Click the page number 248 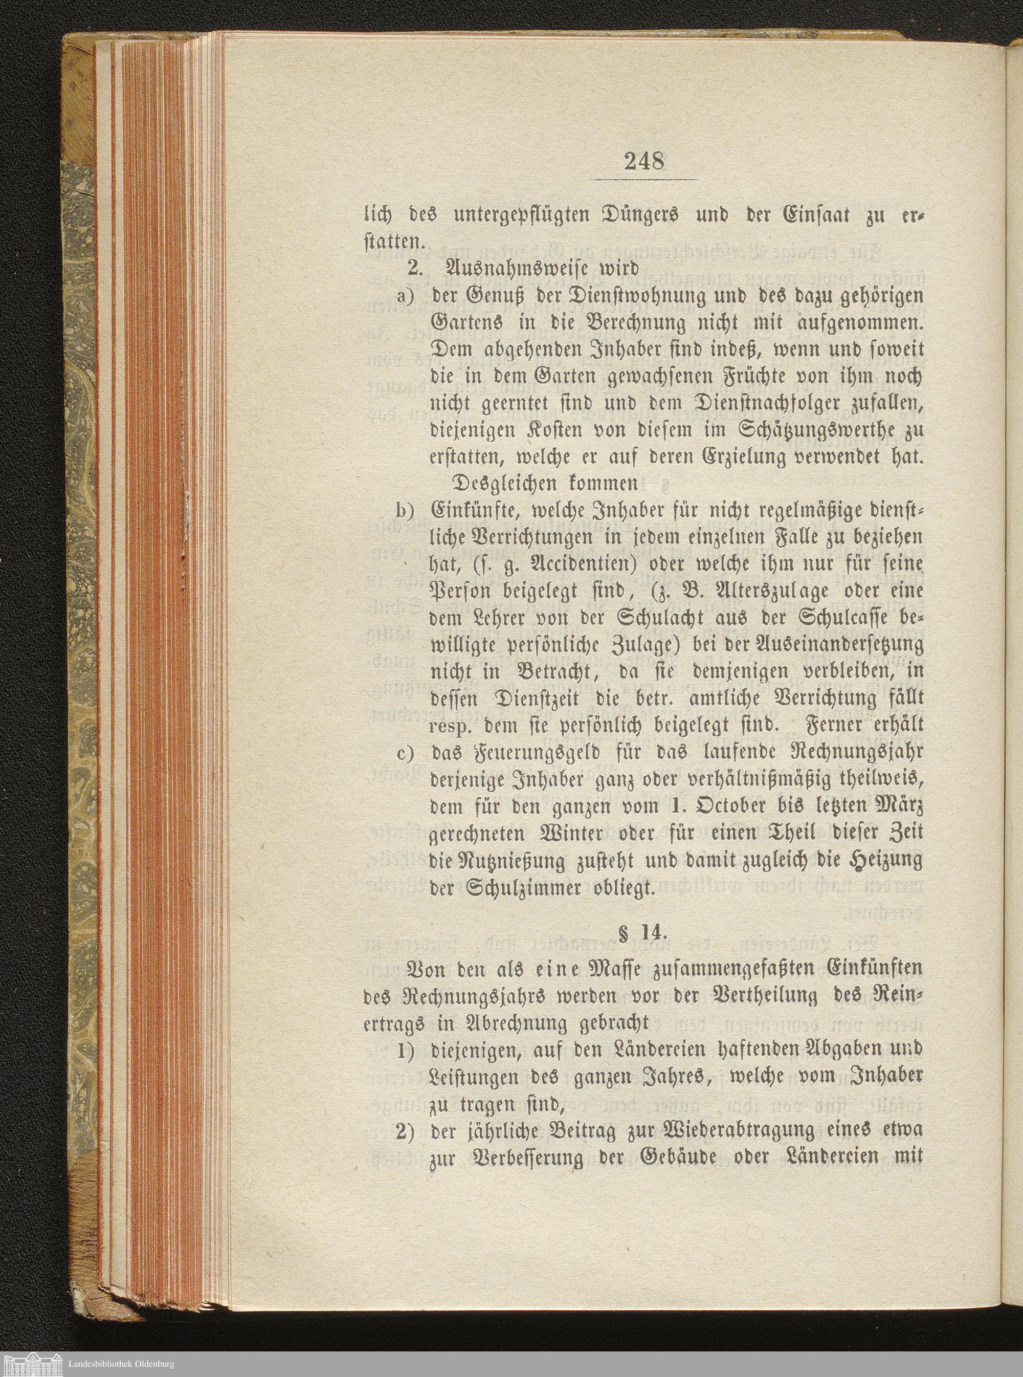(x=644, y=162)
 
